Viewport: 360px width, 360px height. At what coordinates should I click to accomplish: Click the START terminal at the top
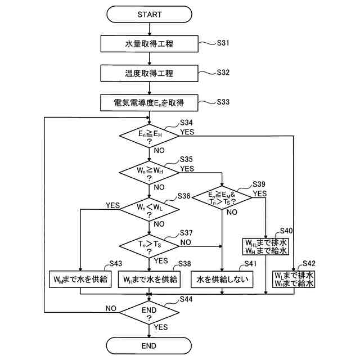[x=149, y=14]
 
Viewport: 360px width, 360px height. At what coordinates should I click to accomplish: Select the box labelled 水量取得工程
[x=149, y=43]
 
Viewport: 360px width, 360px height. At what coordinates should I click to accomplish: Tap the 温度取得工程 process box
[x=149, y=73]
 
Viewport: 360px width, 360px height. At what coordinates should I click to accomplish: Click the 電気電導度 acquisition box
[x=149, y=103]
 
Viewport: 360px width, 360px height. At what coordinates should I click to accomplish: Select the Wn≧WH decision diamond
[x=149, y=172]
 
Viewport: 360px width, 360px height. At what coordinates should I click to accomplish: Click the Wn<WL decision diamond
[x=149, y=209]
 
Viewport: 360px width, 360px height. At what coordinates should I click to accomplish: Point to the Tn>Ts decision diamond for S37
[x=149, y=245]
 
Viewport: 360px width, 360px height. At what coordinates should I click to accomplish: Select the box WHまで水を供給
[x=149, y=278]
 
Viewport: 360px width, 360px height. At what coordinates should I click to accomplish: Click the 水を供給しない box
[x=223, y=278]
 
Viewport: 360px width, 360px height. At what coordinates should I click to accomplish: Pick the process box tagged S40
[x=265, y=245]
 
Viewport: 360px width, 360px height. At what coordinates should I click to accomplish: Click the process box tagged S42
[x=294, y=279]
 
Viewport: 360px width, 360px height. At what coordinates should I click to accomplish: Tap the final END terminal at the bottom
[x=149, y=345]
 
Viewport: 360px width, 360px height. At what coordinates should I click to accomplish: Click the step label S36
[x=184, y=196]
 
